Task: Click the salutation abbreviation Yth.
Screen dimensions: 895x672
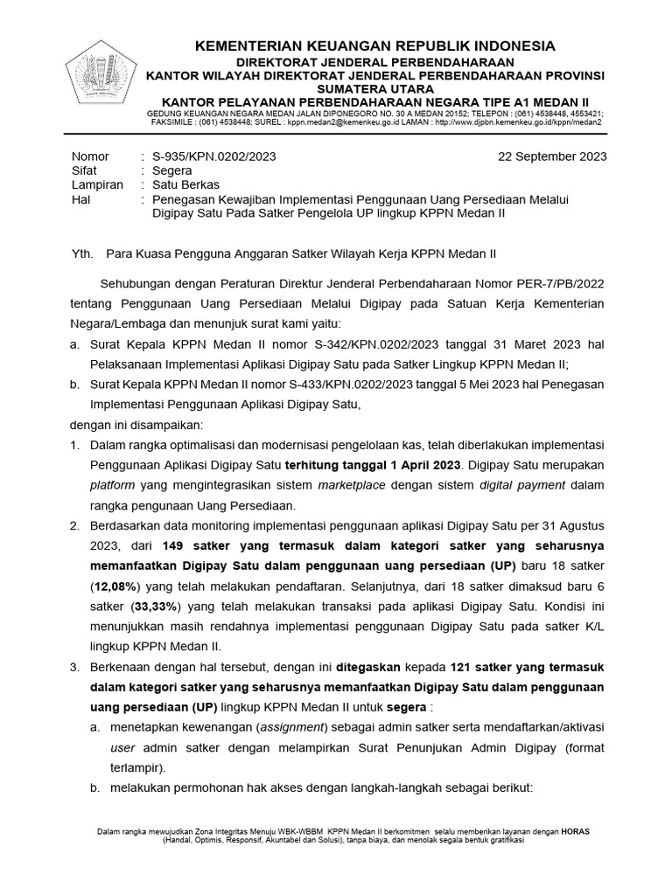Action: click(81, 253)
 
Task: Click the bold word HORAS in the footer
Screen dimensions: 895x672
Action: click(576, 832)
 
